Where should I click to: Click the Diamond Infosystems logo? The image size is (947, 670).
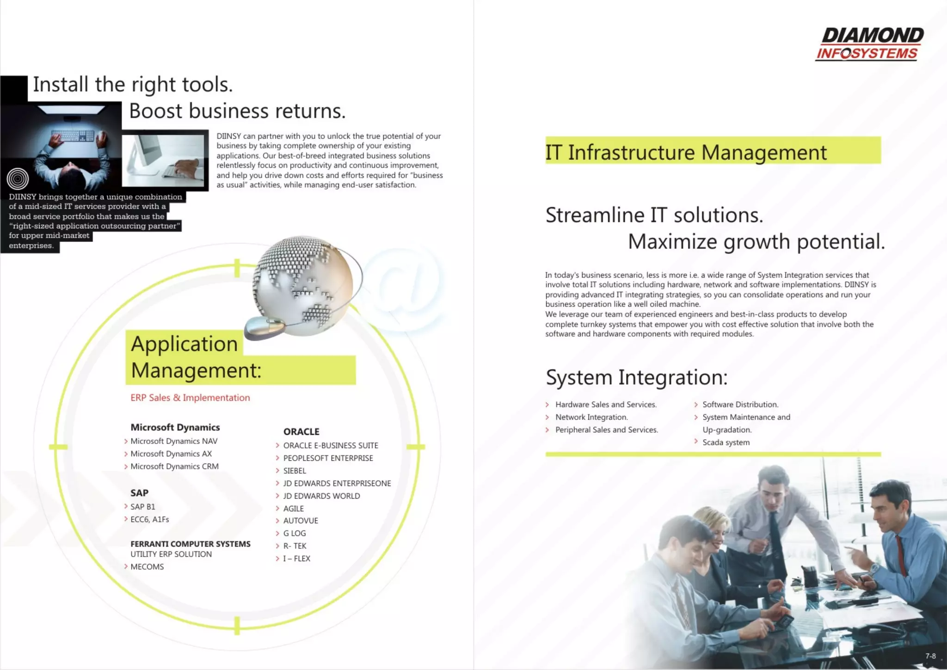pyautogui.click(x=869, y=44)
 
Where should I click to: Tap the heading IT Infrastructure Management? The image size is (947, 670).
pyautogui.click(x=686, y=152)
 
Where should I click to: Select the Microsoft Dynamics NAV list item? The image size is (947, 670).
pyautogui.click(x=174, y=441)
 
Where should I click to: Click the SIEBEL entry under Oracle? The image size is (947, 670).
pyautogui.click(x=295, y=471)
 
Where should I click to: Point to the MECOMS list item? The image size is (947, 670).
pyautogui.click(x=147, y=567)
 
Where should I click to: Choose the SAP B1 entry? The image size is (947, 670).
pyautogui.click(x=143, y=507)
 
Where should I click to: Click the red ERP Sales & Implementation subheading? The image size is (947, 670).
pyautogui.click(x=190, y=398)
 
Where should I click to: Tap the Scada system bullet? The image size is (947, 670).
pyautogui.click(x=726, y=443)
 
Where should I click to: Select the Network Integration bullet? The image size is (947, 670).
pyautogui.click(x=591, y=417)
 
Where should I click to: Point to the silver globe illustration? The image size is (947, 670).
pyautogui.click(x=303, y=284)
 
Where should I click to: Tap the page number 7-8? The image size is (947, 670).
pyautogui.click(x=930, y=656)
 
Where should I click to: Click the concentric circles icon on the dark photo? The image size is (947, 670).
pyautogui.click(x=18, y=178)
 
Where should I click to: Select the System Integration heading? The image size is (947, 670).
pyautogui.click(x=637, y=377)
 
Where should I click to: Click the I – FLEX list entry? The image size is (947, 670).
pyautogui.click(x=296, y=559)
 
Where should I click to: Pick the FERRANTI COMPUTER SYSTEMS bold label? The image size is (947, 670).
pyautogui.click(x=191, y=544)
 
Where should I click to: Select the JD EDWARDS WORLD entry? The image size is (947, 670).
pyautogui.click(x=321, y=496)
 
